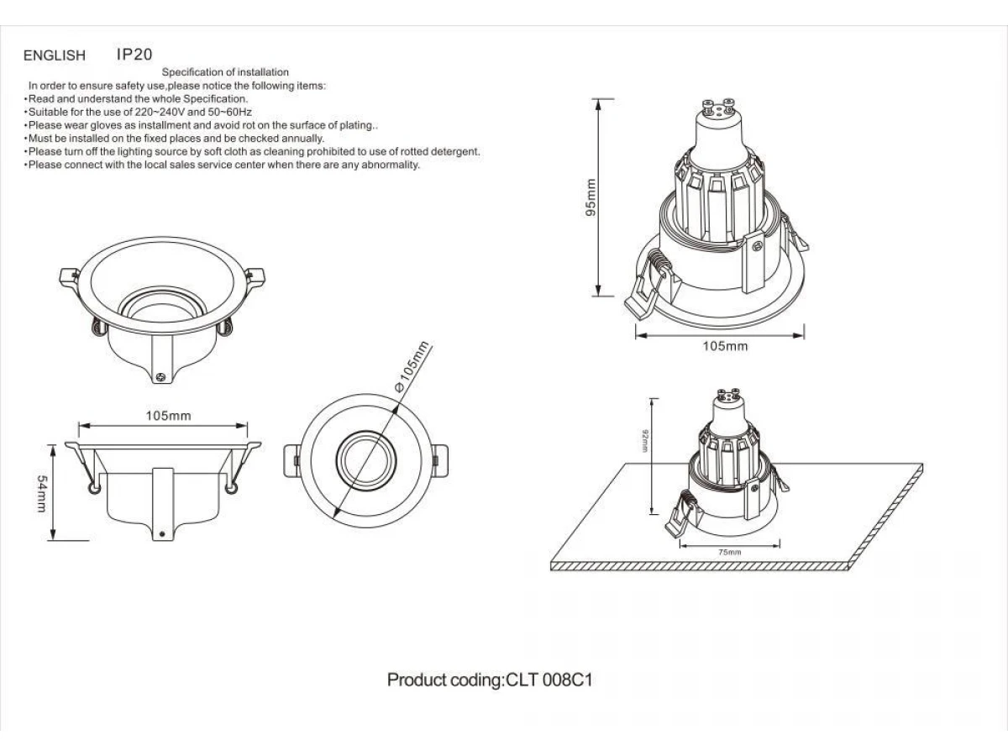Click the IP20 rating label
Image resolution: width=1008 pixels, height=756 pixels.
[x=134, y=55]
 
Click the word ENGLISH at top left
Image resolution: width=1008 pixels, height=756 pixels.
[x=55, y=55]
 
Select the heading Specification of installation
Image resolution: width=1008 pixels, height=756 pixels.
[x=225, y=72]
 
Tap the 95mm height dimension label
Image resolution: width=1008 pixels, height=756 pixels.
[x=591, y=197]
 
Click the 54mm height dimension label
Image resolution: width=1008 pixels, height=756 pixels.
[x=42, y=493]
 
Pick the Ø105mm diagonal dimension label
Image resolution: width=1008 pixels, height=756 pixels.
[x=412, y=367]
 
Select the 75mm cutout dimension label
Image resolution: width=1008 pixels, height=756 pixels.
[x=730, y=552]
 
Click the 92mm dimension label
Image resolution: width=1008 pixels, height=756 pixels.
[x=645, y=441]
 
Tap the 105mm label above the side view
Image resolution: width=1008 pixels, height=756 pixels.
[x=168, y=416]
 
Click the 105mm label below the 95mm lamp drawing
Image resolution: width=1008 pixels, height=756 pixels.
[x=725, y=346]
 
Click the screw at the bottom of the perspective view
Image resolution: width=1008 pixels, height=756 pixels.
[x=160, y=377]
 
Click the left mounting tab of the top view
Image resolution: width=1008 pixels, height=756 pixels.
[x=292, y=461]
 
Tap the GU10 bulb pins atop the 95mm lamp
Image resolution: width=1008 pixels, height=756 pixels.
[x=717, y=106]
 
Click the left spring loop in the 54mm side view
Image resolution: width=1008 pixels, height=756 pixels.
[x=94, y=488]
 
